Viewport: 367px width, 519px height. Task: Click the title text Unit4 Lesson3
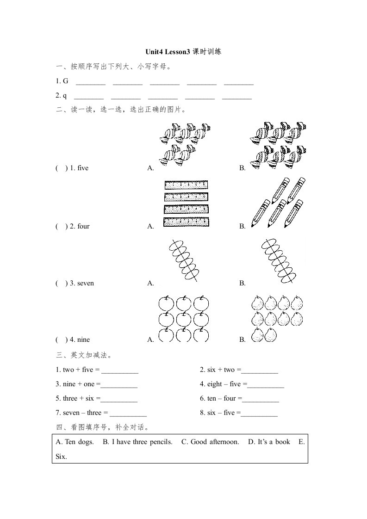click(x=167, y=52)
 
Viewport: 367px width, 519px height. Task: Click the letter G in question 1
click(x=65, y=81)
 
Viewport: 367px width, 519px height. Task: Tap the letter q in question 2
click(x=65, y=96)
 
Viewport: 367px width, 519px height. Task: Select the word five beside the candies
click(x=83, y=168)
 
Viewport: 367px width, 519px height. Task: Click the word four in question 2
click(x=83, y=227)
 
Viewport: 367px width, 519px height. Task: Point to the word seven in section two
click(x=86, y=283)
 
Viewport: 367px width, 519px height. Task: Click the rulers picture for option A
click(x=187, y=204)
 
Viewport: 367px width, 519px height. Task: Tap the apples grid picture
click(x=184, y=319)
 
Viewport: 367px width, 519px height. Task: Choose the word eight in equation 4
click(x=214, y=384)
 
